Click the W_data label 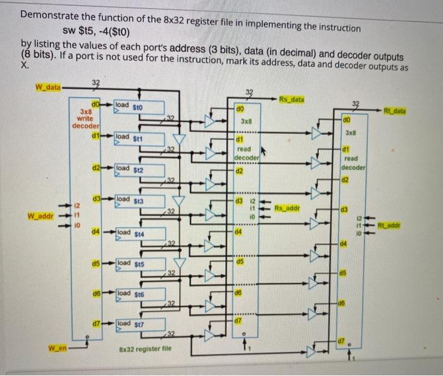tap(47, 87)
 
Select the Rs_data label tap(292, 99)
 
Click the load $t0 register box tap(139, 107)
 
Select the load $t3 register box tap(139, 200)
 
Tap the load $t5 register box tap(139, 263)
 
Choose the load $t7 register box tap(139, 324)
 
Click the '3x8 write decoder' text tap(85, 118)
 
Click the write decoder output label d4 tap(95, 232)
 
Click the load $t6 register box tap(139, 294)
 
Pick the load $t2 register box tap(139, 169)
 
